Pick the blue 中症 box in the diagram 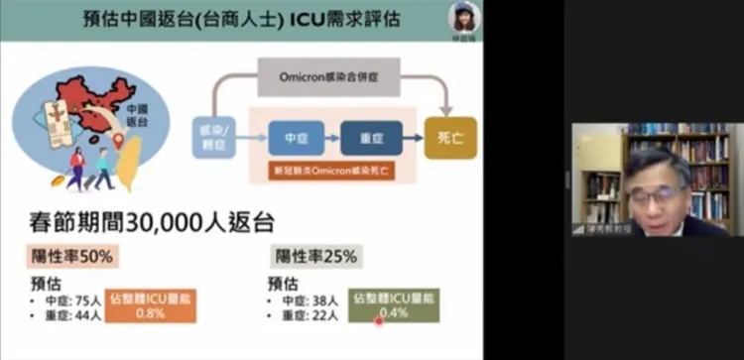(x=297, y=138)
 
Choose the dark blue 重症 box (x=371, y=138)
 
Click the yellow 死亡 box (x=449, y=138)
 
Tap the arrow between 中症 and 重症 (x=333, y=138)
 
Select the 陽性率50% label (x=72, y=256)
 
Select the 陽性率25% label (x=315, y=256)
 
